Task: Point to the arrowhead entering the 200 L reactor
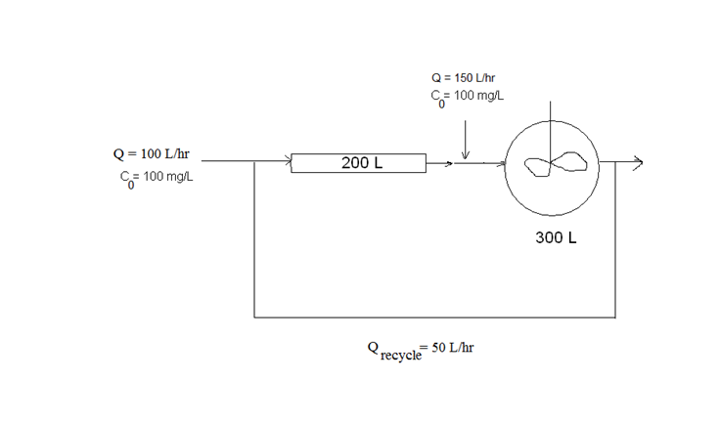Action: [x=288, y=162]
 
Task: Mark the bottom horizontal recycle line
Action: [x=434, y=317]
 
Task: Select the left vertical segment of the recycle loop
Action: [x=254, y=239]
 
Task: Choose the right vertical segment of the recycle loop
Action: [x=615, y=239]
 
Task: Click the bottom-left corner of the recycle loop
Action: [x=254, y=317]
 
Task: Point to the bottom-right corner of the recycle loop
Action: [x=615, y=317]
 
